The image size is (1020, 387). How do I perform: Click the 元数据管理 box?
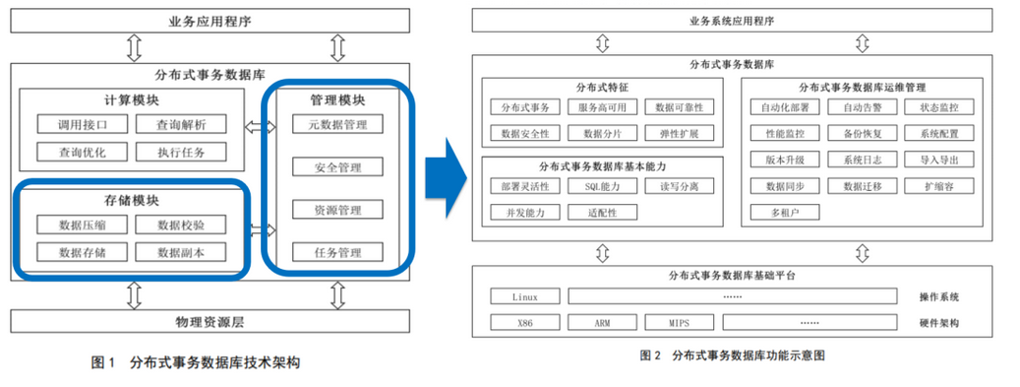[337, 124]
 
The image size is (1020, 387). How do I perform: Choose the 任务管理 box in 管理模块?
[337, 253]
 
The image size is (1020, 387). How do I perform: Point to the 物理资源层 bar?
[210, 321]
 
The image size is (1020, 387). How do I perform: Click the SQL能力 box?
[603, 186]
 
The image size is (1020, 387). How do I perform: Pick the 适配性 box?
[603, 212]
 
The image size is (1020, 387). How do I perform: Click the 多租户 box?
[785, 212]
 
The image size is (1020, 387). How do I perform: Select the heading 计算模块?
[131, 100]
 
